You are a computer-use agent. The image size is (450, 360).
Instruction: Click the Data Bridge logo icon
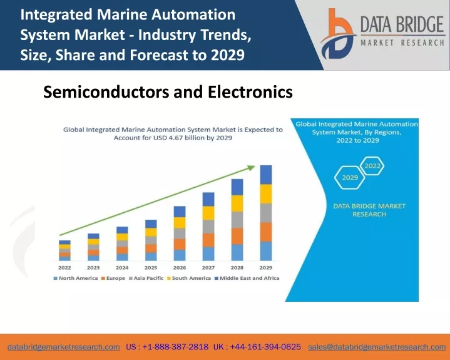(338, 34)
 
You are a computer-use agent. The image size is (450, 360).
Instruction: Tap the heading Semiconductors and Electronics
(168, 92)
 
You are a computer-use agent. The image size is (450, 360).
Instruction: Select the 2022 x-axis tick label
(64, 267)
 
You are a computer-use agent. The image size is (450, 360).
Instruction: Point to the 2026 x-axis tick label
(180, 267)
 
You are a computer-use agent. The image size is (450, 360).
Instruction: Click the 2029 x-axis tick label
(266, 267)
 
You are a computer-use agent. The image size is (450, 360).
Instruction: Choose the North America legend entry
(76, 278)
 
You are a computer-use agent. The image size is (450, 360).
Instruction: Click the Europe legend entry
(113, 278)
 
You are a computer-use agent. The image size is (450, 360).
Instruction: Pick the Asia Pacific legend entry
(146, 278)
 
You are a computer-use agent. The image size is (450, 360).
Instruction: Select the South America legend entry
(189, 278)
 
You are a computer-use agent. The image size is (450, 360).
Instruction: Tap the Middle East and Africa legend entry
(247, 278)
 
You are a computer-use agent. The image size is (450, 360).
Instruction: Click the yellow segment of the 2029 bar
(266, 194)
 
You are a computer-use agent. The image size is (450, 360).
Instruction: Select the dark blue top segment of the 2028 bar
(237, 187)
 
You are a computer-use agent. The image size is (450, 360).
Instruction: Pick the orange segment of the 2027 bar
(208, 240)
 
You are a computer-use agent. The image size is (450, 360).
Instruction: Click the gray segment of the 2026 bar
(180, 234)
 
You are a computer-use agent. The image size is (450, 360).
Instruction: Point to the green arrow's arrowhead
(251, 168)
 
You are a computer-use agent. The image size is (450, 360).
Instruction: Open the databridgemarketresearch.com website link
(64, 347)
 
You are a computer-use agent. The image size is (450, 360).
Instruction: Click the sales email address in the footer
(377, 347)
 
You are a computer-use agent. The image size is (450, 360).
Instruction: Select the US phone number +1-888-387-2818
(175, 347)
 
